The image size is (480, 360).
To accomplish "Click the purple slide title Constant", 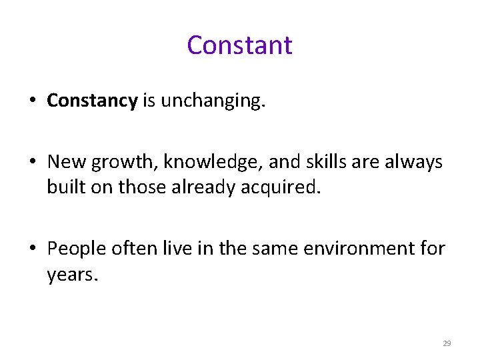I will pos(239,45).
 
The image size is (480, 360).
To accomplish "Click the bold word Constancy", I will pos(92,101).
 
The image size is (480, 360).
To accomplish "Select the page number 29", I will pos(447,343).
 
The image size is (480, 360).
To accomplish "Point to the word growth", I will pos(115,163).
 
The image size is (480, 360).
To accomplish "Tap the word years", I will pos(71,275).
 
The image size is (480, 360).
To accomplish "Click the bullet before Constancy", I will pos(32,101).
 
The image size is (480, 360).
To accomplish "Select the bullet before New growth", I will pos(32,163).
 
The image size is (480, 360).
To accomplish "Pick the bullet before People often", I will pos(32,249).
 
